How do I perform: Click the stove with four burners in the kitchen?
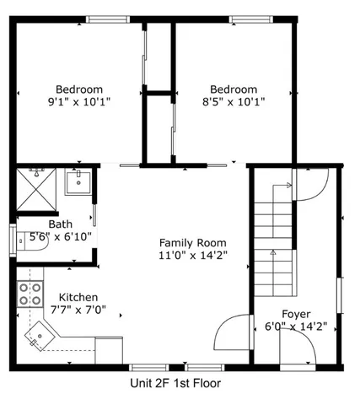(30, 294)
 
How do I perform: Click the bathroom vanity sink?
(78, 181)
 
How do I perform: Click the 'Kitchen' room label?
(78, 298)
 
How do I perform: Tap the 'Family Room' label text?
(193, 241)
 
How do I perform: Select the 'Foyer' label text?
(295, 314)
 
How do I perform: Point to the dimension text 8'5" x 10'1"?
(234, 101)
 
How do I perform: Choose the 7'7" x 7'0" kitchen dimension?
(78, 310)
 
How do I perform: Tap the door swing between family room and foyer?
(233, 336)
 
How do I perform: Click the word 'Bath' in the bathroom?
(60, 224)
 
